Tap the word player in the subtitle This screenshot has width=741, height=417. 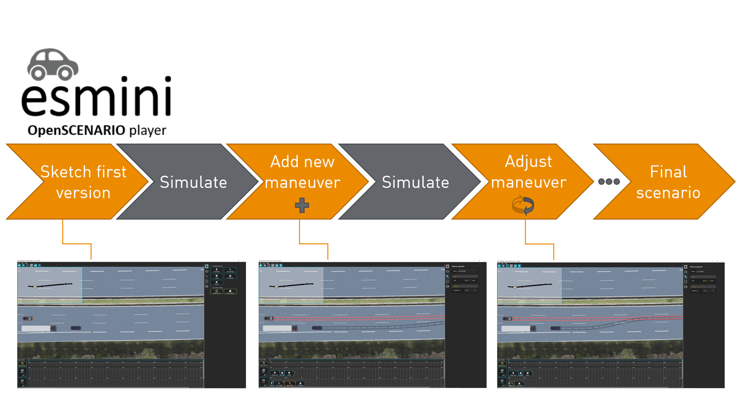[x=148, y=130]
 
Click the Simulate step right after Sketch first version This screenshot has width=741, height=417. [x=193, y=182]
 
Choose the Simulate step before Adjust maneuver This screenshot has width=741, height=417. [x=415, y=182]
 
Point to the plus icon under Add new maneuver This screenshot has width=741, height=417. [x=302, y=205]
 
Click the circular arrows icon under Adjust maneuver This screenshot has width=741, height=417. [x=523, y=205]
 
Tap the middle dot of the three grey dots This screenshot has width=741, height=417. [x=609, y=182]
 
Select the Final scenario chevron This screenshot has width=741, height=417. [x=668, y=182]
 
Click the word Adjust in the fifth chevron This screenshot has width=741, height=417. [x=528, y=162]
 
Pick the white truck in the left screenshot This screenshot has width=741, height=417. [x=39, y=328]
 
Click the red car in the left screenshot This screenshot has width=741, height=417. [x=28, y=318]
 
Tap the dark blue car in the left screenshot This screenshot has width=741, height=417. [x=76, y=328]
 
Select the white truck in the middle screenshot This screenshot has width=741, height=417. [x=280, y=328]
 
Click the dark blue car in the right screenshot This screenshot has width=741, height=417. [x=555, y=328]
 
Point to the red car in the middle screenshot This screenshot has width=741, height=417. [x=269, y=318]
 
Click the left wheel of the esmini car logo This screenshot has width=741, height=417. [x=39, y=73]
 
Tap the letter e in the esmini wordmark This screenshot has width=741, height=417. [x=33, y=101]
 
